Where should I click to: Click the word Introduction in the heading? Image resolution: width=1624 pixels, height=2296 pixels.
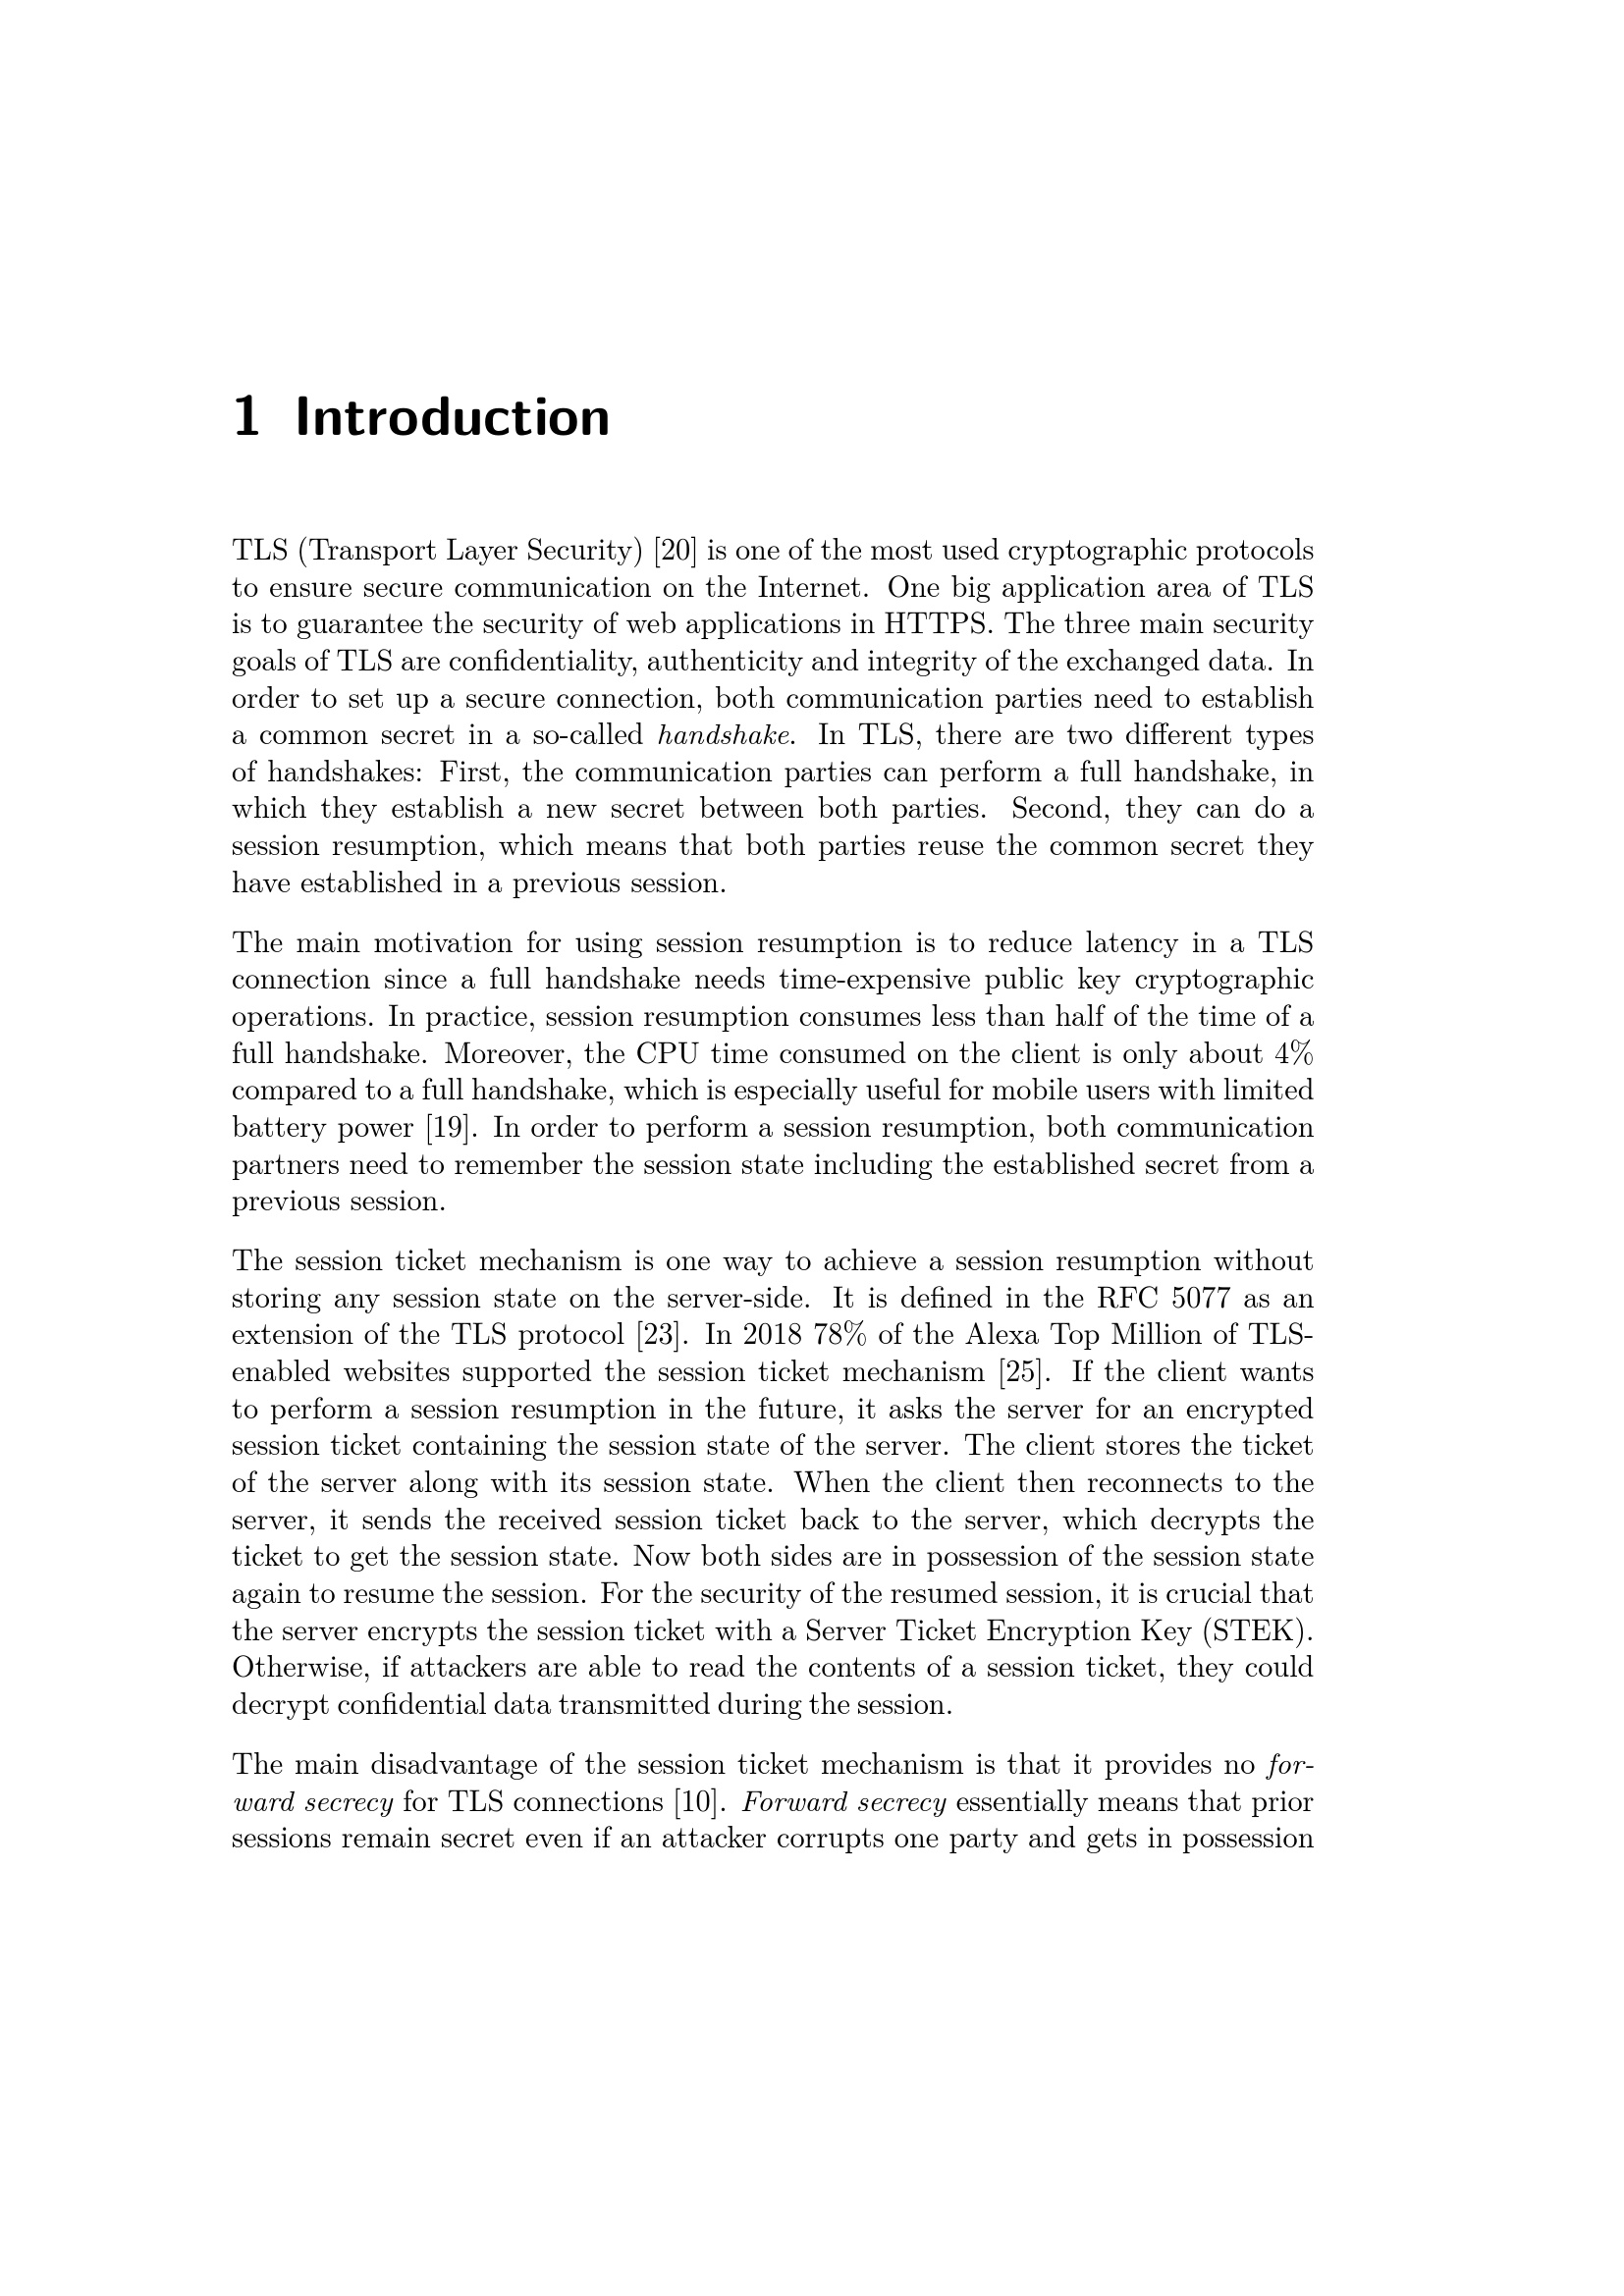tap(452, 418)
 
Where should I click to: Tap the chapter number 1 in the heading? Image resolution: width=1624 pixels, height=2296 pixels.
tap(246, 418)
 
